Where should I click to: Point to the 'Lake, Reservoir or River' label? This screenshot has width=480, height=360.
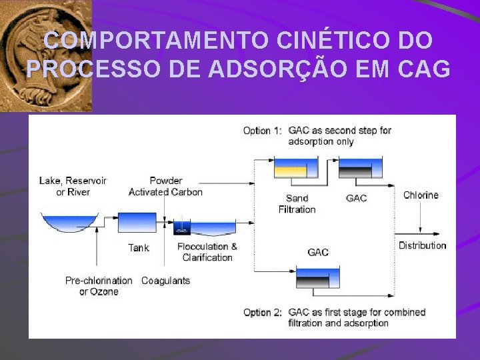point(73,187)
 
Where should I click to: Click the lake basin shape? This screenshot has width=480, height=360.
point(69,223)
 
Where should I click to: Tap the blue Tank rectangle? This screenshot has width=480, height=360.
point(136,222)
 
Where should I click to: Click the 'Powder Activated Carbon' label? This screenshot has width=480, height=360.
point(165,187)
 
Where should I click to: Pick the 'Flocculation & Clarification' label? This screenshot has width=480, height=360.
point(207,252)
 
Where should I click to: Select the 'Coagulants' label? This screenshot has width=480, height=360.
point(165,281)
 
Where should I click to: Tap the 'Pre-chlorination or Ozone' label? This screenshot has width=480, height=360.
point(99,286)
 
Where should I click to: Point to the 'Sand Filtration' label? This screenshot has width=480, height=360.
point(297,203)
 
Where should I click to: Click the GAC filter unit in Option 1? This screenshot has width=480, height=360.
point(361,167)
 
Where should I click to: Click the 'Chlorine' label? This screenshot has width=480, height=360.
point(421,195)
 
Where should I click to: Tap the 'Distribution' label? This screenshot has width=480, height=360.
point(422,245)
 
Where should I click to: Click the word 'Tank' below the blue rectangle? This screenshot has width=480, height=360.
point(139,247)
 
